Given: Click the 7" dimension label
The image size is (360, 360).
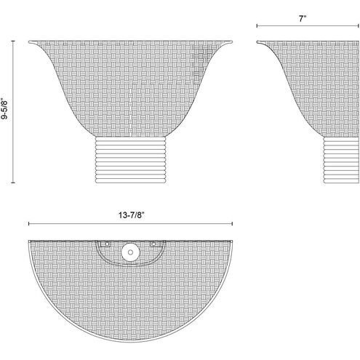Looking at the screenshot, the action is point(303,19).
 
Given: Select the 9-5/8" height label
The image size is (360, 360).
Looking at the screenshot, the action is point(4,108).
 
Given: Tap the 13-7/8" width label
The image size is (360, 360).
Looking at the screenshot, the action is point(131,215).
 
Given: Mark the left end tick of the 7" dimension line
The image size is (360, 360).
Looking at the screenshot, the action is point(257,25).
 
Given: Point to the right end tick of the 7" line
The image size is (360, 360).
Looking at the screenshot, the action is point(359,25).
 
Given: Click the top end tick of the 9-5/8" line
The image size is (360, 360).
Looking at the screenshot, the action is point(13,41).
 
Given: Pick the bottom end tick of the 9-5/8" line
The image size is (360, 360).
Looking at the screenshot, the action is point(13,183).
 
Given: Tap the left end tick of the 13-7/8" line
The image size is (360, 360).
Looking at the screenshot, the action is point(29,223).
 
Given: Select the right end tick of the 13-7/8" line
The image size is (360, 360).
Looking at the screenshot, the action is point(232,223).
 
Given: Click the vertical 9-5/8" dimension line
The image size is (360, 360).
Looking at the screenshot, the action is point(13,112).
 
